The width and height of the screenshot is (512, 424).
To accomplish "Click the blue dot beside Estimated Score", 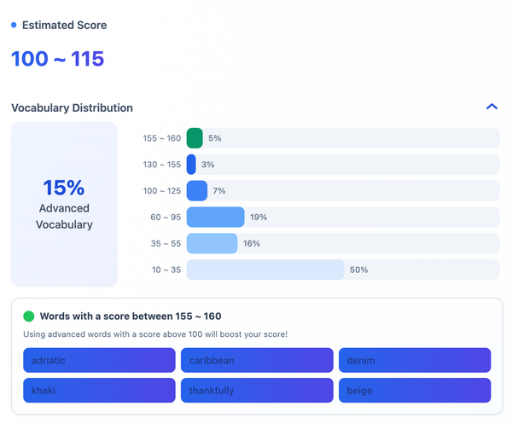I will (14, 26).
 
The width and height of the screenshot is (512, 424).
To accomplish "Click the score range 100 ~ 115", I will (57, 59).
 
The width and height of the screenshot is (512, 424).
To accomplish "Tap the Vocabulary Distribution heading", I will (72, 108).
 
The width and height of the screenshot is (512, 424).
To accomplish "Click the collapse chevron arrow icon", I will (491, 107).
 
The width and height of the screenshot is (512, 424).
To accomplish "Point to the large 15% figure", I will (64, 188).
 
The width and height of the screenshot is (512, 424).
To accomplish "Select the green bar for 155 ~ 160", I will (195, 138).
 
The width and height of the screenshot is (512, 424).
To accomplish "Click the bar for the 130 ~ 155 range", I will (191, 165).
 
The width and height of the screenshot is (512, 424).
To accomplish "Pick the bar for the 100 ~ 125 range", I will (197, 191).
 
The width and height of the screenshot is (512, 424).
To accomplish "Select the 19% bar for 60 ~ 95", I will (215, 218).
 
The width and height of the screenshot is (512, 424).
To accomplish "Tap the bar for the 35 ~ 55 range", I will (212, 244).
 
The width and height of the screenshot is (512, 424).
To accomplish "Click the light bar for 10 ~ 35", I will (265, 270).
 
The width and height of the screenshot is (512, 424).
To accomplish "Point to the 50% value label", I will (358, 270).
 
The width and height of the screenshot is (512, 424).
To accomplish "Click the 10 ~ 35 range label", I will (166, 270).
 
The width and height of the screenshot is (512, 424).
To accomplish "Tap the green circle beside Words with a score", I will (29, 316).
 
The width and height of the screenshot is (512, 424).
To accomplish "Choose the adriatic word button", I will (99, 360).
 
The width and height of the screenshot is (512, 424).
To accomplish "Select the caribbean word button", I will (257, 360).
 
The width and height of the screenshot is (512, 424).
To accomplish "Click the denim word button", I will (415, 360).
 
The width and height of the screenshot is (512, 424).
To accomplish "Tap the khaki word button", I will (99, 391).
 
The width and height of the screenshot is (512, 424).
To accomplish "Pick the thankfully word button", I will (257, 391).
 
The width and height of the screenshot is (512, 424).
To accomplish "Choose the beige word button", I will (415, 391).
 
